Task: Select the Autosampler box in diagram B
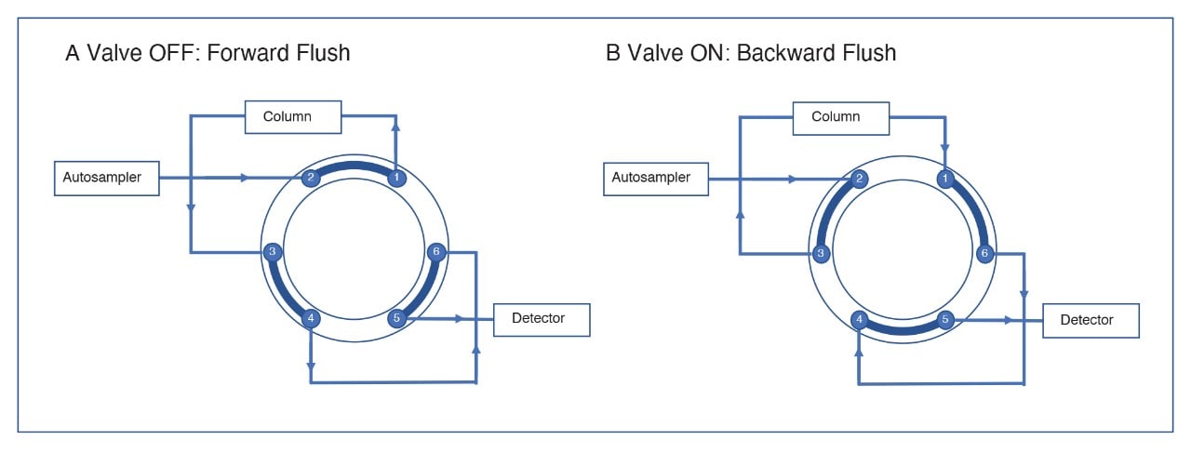656,177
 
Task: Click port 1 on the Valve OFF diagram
396,177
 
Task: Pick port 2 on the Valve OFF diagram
313,177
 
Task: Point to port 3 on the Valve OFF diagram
272,252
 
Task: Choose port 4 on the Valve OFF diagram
313,319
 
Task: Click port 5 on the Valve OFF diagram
396,319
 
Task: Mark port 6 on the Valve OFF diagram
435,252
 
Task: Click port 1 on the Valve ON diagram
945,178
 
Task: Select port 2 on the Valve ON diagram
861,178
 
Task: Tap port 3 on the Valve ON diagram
820,253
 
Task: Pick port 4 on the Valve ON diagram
861,320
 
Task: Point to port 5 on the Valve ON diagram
945,320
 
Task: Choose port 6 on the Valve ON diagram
984,253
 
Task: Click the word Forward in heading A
247,53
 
